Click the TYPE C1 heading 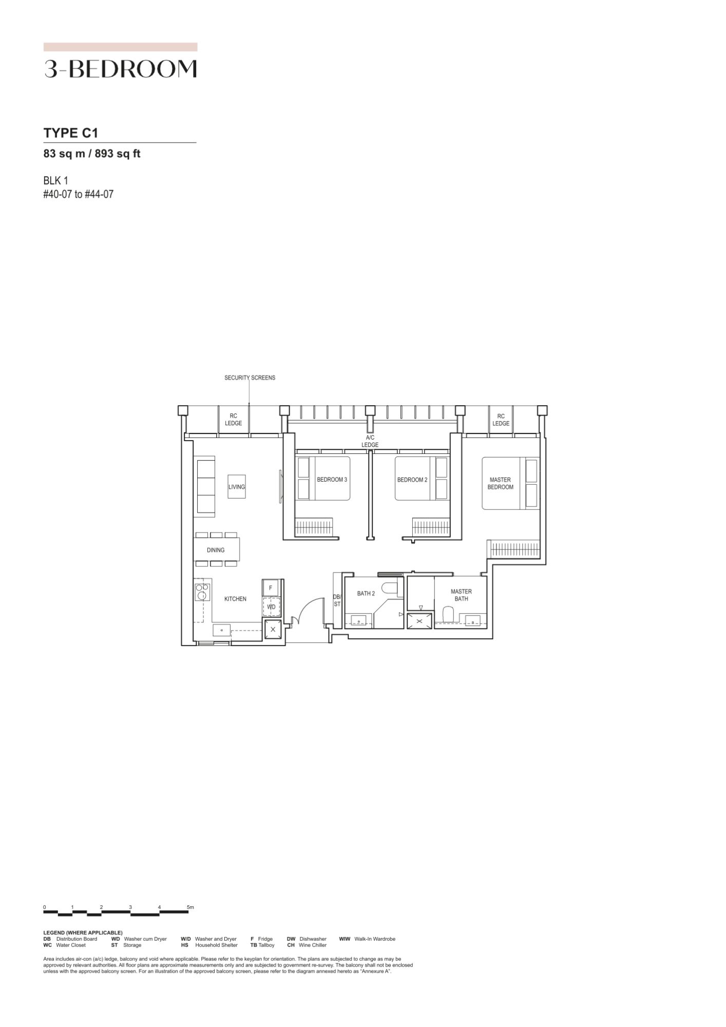(71, 133)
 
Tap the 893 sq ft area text (118, 154)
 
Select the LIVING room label (237, 487)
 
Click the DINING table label (216, 550)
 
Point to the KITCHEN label (235, 599)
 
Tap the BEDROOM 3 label (332, 480)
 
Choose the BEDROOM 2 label (412, 480)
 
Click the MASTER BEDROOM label (501, 483)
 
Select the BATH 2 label (366, 593)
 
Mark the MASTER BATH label (461, 595)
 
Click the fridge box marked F (271, 588)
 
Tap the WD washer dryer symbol (271, 606)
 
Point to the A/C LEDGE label (370, 441)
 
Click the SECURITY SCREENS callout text (250, 377)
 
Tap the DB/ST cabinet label (337, 601)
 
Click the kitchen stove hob (202, 593)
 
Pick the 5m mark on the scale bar (190, 907)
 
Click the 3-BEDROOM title (121, 68)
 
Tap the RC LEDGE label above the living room (234, 420)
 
